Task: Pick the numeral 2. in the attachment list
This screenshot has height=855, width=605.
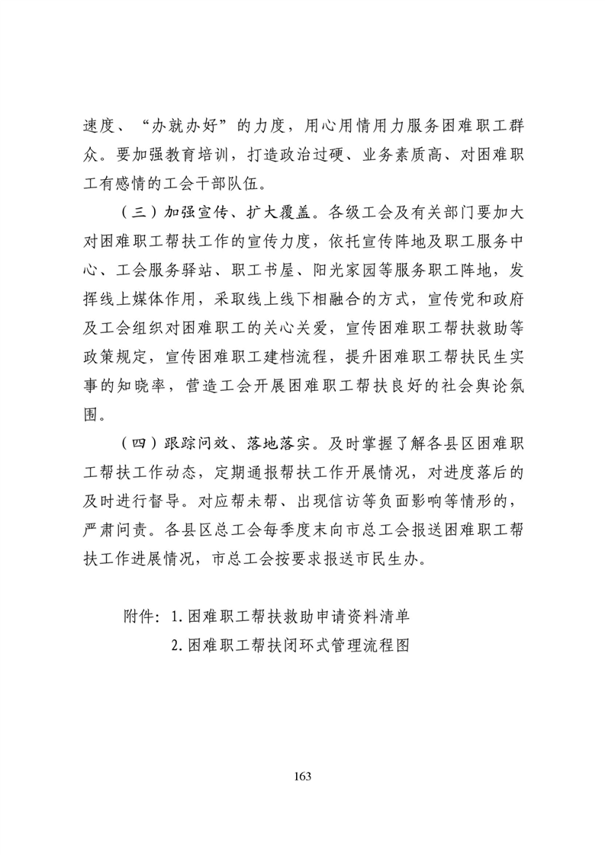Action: coord(179,645)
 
